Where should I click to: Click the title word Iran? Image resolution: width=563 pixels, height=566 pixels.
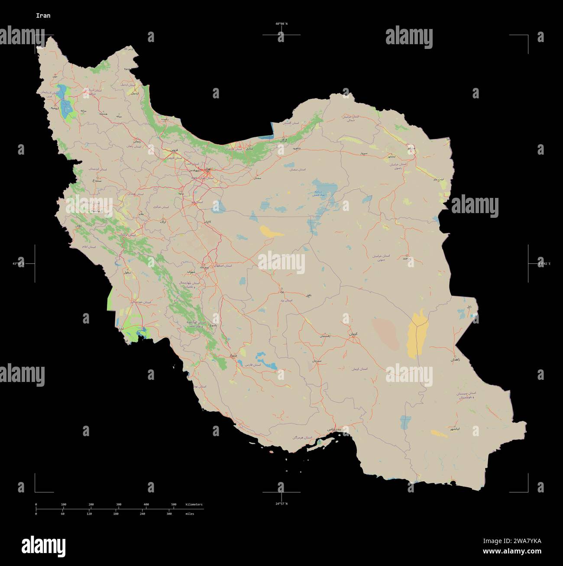(43, 16)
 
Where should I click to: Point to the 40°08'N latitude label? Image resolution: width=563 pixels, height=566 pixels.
(281, 24)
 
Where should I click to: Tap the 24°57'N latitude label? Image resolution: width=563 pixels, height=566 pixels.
(281, 504)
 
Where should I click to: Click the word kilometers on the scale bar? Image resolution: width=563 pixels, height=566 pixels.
(194, 505)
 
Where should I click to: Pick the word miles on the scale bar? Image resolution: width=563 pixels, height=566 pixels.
(190, 514)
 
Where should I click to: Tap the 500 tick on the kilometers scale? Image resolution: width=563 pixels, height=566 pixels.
(174, 505)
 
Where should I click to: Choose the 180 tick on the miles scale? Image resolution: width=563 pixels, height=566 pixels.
(116, 514)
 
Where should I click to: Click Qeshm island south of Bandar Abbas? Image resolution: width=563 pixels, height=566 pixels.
(323, 442)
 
